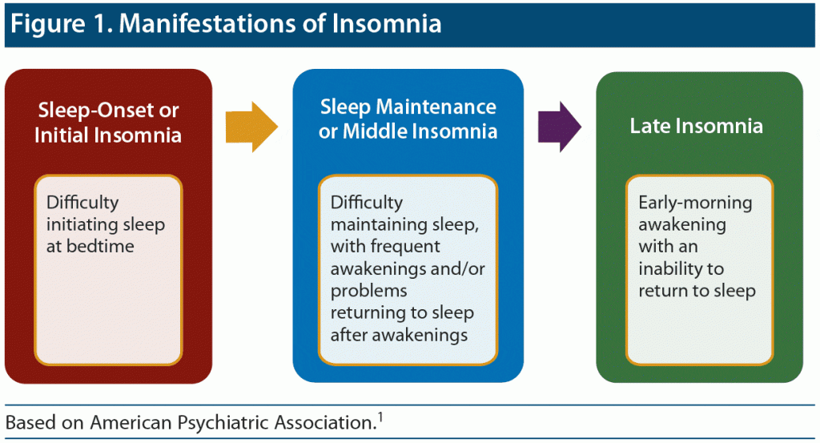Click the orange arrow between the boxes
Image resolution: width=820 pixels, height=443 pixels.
[x=251, y=127]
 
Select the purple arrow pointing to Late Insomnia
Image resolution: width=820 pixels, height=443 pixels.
[x=560, y=127]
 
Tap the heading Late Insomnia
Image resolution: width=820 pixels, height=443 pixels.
[x=696, y=126]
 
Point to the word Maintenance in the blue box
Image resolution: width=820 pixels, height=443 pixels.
[x=436, y=107]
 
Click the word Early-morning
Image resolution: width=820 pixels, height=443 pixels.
[x=695, y=203]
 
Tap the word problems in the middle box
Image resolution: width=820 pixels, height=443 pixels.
[x=368, y=291]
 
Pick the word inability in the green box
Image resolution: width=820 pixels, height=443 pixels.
[x=671, y=268]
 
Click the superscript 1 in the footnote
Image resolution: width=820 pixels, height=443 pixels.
[x=380, y=417]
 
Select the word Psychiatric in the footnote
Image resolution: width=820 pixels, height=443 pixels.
[x=224, y=423]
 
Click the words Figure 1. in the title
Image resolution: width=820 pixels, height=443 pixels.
[x=62, y=23]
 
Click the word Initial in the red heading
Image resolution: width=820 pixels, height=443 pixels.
[x=61, y=135]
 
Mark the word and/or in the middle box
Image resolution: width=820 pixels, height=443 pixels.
[x=457, y=269]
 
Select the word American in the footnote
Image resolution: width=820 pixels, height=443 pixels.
[x=131, y=423]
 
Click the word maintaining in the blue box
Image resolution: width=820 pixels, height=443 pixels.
[x=372, y=224]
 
